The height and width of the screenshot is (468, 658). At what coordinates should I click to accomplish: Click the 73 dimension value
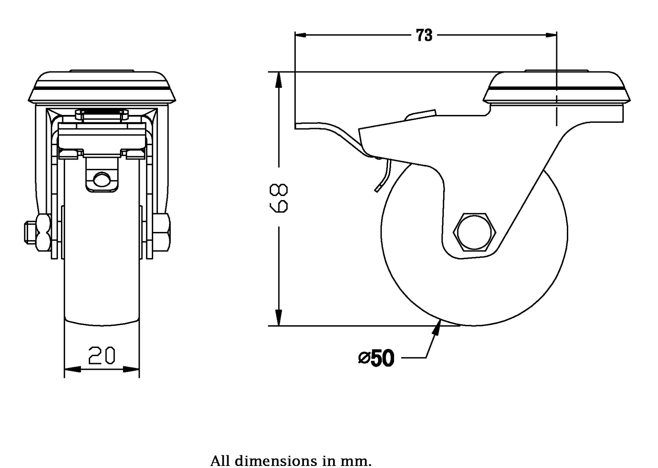click(x=424, y=35)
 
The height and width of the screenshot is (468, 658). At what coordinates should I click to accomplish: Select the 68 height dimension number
click(x=279, y=198)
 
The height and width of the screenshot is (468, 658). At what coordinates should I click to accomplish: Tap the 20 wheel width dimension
click(x=102, y=355)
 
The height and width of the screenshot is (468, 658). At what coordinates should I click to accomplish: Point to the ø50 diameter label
click(x=377, y=358)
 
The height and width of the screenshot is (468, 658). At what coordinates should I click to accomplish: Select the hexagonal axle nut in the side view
click(x=475, y=232)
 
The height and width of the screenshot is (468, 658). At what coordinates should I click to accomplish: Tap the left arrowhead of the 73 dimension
click(x=300, y=35)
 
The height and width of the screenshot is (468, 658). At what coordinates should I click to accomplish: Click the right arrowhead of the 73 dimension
click(x=551, y=35)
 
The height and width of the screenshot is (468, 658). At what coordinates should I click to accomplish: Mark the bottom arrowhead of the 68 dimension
click(x=279, y=319)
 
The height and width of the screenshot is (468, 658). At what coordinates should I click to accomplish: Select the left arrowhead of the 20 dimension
click(x=70, y=369)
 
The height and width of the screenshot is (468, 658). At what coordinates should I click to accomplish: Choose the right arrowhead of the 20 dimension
click(x=134, y=369)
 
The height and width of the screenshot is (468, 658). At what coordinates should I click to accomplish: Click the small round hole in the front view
click(x=101, y=179)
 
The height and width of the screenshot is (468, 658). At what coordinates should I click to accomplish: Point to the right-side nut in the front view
click(x=163, y=232)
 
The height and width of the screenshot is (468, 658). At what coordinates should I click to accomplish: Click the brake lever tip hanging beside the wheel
click(x=378, y=188)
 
